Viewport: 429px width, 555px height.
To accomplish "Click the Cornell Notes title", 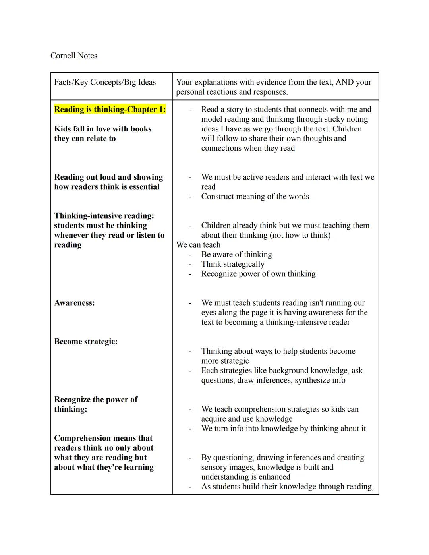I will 73,56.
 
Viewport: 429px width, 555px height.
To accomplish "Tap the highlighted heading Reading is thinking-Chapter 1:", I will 110,109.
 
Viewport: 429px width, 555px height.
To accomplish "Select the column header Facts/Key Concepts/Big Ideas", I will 105,82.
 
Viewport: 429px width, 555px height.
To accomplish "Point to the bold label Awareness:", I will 74,303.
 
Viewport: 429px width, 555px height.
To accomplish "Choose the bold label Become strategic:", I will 86,342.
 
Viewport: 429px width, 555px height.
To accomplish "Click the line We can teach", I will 198,245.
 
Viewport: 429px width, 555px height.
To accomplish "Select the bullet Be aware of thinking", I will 236,254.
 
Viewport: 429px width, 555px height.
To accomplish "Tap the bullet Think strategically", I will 232,264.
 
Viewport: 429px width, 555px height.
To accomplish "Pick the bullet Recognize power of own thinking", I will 258,274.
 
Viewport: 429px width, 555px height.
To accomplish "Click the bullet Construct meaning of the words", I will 255,196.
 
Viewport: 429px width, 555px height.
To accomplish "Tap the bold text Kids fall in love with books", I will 102,129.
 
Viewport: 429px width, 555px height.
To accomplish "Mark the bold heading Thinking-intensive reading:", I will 104,216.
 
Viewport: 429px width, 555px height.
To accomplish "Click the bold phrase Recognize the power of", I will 96,399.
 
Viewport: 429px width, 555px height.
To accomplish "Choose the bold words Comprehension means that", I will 103,438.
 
